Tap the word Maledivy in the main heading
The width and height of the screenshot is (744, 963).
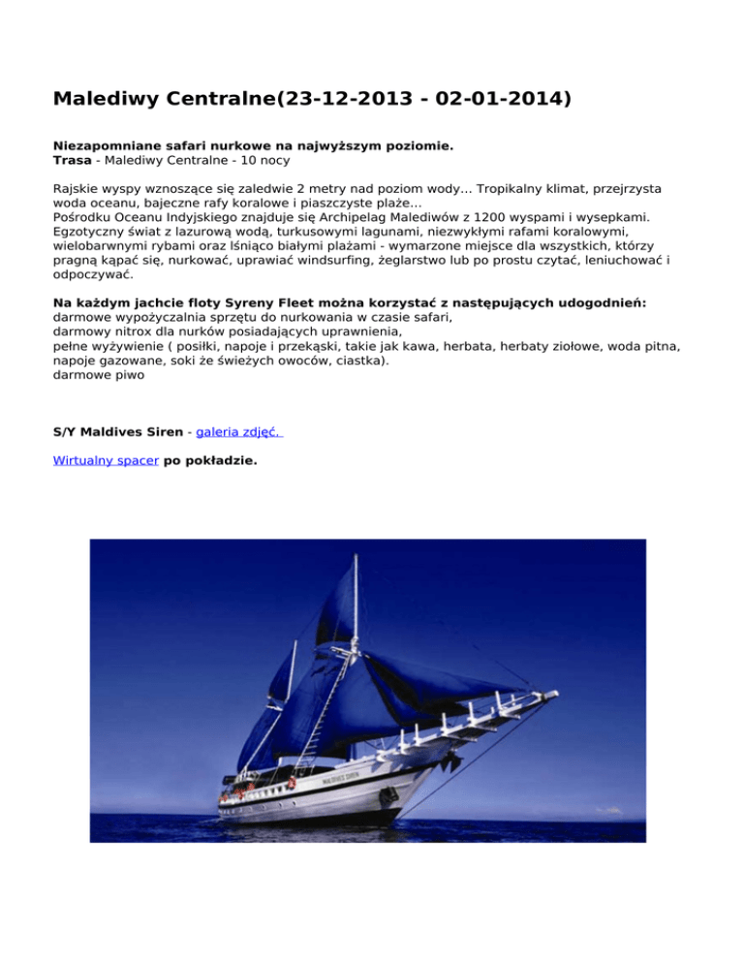106,99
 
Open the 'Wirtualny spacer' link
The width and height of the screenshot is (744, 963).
106,461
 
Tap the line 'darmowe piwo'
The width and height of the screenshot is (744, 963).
99,375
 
